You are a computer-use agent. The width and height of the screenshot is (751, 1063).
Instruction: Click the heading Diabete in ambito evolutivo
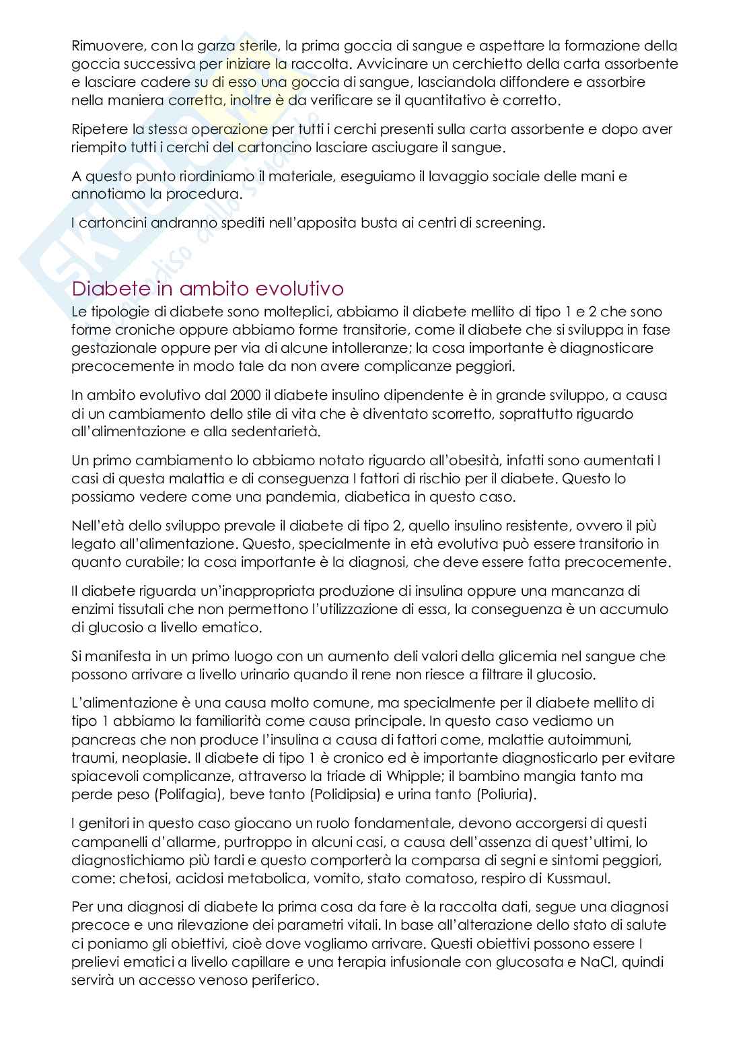click(x=207, y=289)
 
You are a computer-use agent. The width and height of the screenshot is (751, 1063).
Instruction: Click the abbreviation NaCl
click(x=597, y=961)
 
